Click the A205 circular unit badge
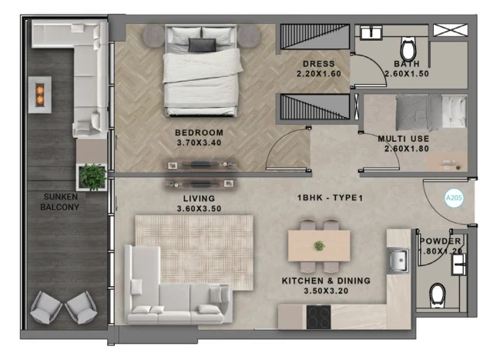pyautogui.click(x=454, y=197)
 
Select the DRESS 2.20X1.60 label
pyautogui.click(x=319, y=69)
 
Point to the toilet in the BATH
pyautogui.click(x=408, y=49)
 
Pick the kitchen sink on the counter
pyautogui.click(x=398, y=261)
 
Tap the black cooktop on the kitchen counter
pyautogui.click(x=318, y=317)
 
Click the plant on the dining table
pyautogui.click(x=319, y=246)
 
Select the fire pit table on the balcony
pyautogui.click(x=40, y=95)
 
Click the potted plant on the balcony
pyautogui.click(x=92, y=177)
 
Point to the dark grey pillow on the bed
pyautogui.click(x=202, y=45)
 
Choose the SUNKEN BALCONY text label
pyautogui.click(x=59, y=202)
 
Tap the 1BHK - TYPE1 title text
pyautogui.click(x=330, y=197)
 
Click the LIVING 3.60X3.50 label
pyautogui.click(x=199, y=204)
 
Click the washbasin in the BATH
pyautogui.click(x=371, y=32)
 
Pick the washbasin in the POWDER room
pyautogui.click(x=458, y=264)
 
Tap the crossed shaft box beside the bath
pyautogui.click(x=450, y=30)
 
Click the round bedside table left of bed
pyautogui.click(x=154, y=36)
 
